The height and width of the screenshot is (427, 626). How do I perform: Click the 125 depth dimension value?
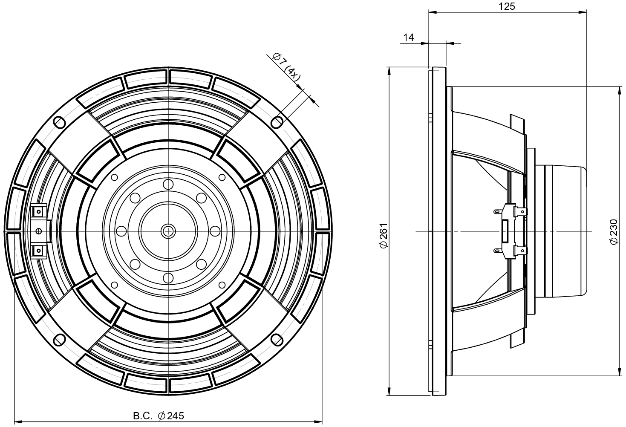pos(507,6)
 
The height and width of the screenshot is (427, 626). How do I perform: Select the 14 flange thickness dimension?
pos(408,38)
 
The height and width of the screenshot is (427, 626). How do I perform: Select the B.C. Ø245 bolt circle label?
pos(159,415)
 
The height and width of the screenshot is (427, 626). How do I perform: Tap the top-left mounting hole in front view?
pos(59,122)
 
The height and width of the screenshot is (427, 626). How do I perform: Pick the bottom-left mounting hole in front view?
pos(59,340)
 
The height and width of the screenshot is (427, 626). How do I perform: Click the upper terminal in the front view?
pos(39,211)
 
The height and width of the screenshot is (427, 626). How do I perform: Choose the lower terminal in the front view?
pos(39,251)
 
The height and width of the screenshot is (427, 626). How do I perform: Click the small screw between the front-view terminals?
pos(39,231)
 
